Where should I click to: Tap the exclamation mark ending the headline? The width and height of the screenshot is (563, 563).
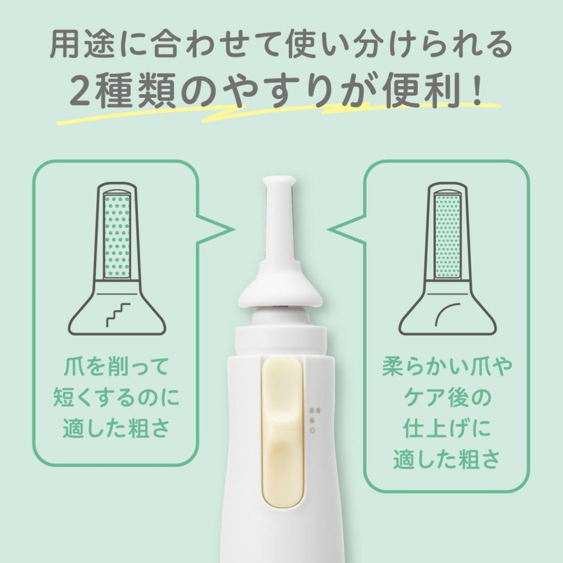(x=476, y=89)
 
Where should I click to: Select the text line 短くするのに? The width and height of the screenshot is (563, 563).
(x=116, y=398)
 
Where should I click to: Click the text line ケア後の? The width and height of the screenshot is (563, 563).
(x=446, y=398)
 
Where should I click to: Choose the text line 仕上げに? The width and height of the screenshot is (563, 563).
(x=446, y=429)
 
